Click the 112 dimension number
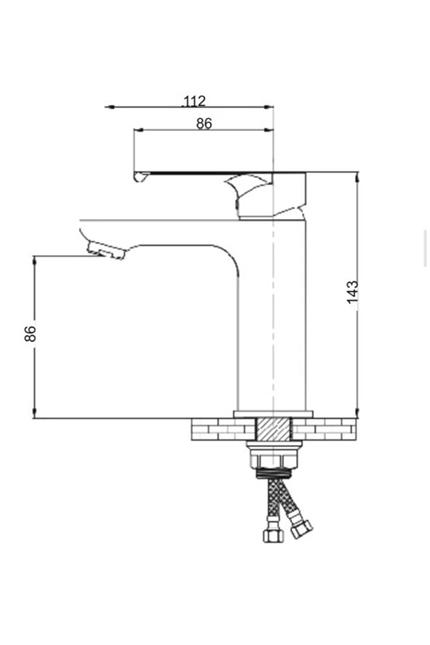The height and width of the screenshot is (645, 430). pyautogui.click(x=195, y=101)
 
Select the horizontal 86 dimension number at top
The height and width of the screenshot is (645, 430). pyautogui.click(x=204, y=124)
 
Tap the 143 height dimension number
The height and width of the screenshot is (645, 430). pyautogui.click(x=353, y=292)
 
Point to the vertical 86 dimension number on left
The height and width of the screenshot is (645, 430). pyautogui.click(x=30, y=333)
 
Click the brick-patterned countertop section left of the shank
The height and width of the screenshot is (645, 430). pyautogui.click(x=222, y=430)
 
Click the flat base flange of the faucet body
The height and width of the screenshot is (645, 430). pyautogui.click(x=273, y=414)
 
